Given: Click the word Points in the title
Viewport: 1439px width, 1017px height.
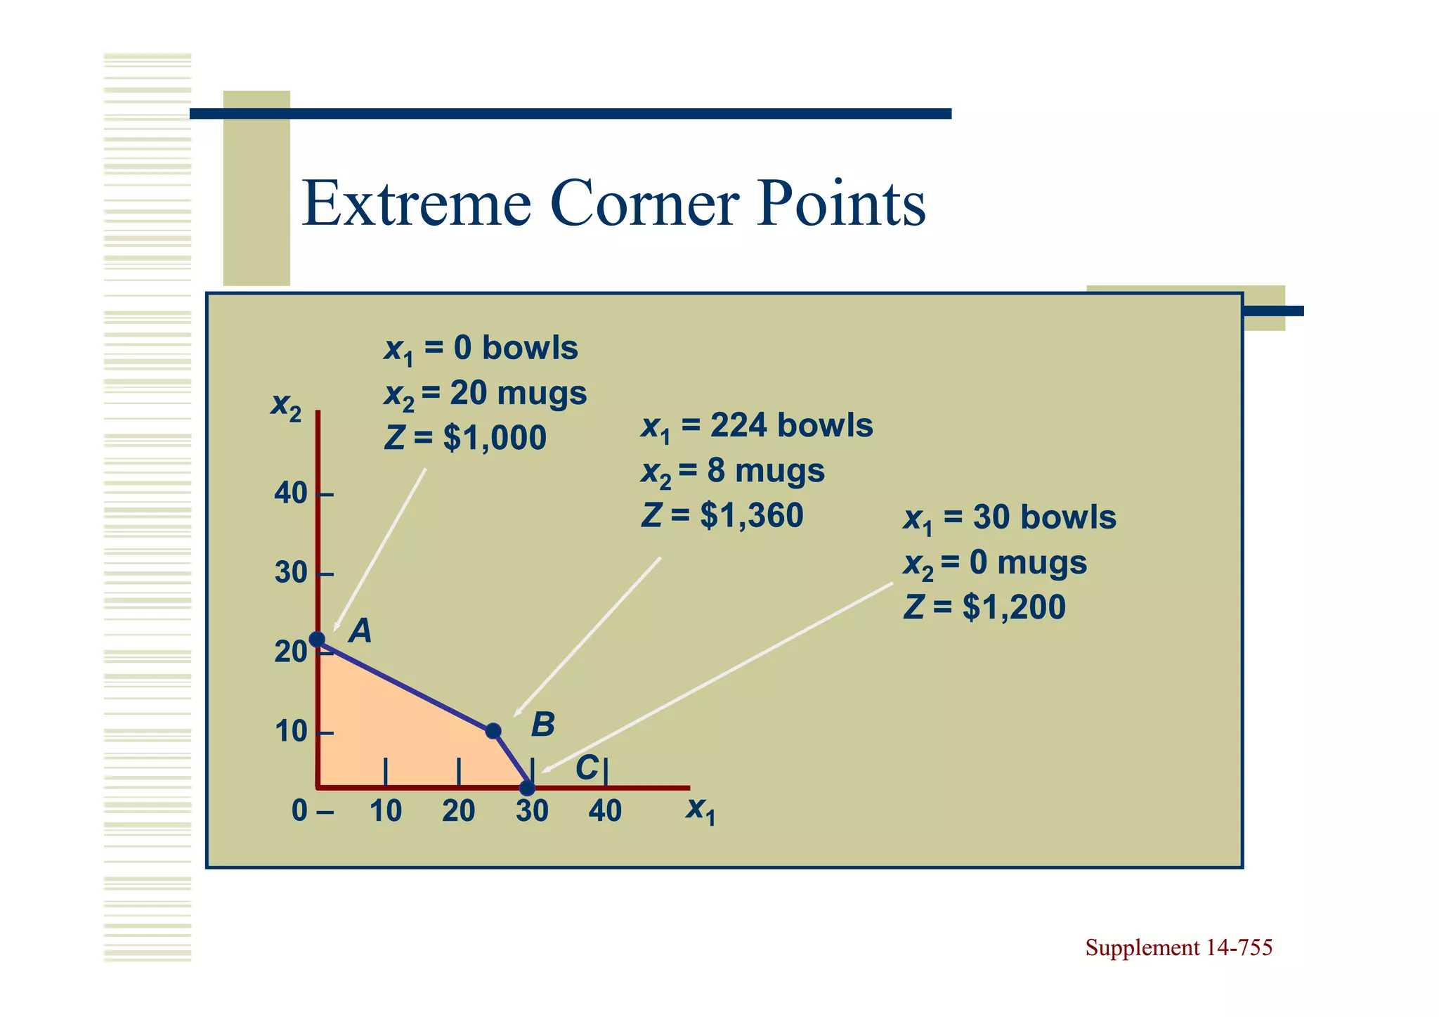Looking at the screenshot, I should click(x=841, y=205).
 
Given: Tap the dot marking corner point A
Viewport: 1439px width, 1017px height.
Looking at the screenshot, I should click(x=318, y=639).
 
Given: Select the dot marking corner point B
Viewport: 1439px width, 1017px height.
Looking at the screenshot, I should click(x=493, y=731).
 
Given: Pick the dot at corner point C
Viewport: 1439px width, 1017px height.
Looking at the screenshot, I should click(x=527, y=788).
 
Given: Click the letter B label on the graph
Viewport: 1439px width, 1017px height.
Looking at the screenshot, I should click(x=542, y=725).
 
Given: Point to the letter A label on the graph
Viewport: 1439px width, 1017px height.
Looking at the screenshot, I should click(x=360, y=631).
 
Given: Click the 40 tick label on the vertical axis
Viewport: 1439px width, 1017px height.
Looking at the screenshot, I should click(x=291, y=494).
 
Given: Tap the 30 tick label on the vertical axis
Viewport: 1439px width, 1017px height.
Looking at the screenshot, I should click(x=291, y=574).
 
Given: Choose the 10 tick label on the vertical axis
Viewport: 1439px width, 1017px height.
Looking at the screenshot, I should click(x=291, y=732).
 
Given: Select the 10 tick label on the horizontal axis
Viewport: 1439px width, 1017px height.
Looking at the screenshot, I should click(x=386, y=811).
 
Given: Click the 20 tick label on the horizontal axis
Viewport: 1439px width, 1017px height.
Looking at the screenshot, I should click(x=459, y=811).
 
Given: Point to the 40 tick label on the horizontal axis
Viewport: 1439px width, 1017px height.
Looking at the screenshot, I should click(x=605, y=811).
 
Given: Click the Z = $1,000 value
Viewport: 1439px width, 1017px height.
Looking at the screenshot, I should click(x=465, y=439).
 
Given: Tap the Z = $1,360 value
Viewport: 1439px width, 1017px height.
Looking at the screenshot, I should click(x=722, y=516).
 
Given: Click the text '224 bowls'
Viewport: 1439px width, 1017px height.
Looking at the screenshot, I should click(x=791, y=426).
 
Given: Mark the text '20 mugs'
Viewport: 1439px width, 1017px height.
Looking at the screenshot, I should click(x=518, y=394).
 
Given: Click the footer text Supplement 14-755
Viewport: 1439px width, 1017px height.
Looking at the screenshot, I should click(x=1178, y=948).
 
